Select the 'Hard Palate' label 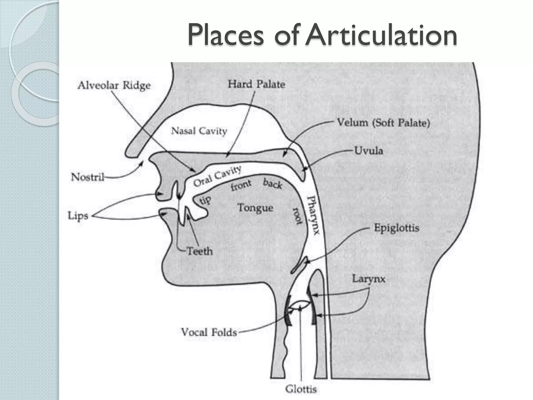256,84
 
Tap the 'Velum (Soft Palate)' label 383,123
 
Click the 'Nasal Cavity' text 199,131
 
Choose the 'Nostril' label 87,177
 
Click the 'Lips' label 78,216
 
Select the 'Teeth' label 200,251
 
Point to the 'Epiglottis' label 397,228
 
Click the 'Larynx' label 369,279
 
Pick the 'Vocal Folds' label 209,332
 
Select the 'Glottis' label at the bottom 301,389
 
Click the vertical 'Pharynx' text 313,215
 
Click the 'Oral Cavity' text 217,176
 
